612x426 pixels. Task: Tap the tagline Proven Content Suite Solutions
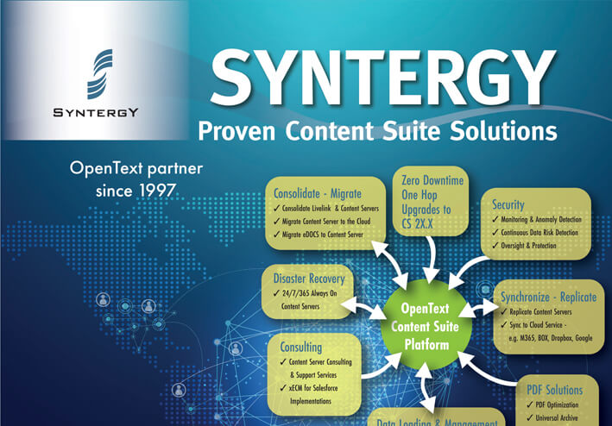point(377,132)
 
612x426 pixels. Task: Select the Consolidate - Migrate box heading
point(317,192)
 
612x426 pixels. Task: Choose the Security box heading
point(508,204)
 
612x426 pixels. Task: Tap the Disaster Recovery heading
point(308,279)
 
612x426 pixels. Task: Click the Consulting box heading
point(301,347)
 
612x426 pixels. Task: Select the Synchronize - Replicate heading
point(548,298)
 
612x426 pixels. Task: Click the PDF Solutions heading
point(554,390)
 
